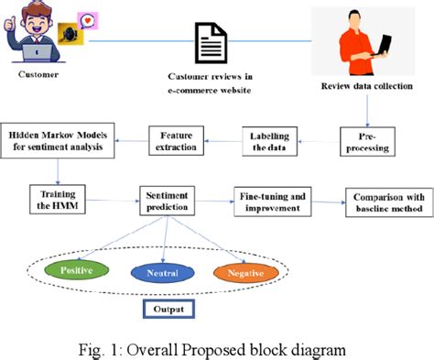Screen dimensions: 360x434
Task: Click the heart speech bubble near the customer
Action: tap(86, 20)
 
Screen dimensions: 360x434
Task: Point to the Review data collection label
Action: tap(366, 87)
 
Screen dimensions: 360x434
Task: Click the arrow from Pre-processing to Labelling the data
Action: tap(322, 139)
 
